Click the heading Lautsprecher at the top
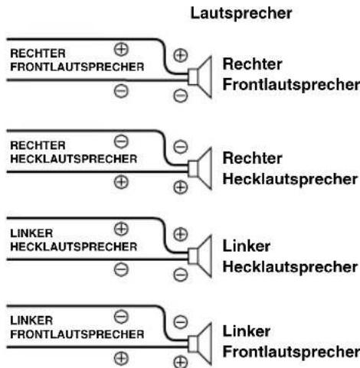click(x=241, y=14)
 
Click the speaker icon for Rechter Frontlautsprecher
click(x=200, y=77)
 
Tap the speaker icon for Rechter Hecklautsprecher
click(x=200, y=168)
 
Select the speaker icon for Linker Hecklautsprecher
click(x=200, y=256)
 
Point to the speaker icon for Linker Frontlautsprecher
click(x=200, y=344)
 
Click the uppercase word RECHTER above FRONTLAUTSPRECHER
click(x=38, y=54)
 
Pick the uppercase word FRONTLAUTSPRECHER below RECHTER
click(x=77, y=67)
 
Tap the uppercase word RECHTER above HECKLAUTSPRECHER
click(x=38, y=145)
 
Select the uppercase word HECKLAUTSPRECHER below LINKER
click(x=74, y=246)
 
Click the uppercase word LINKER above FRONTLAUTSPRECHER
click(x=31, y=321)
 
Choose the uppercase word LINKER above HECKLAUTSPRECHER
click(x=31, y=233)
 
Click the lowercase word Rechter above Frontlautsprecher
click(x=252, y=64)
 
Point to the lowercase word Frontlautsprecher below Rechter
click(x=291, y=85)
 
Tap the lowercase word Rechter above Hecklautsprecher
click(x=252, y=158)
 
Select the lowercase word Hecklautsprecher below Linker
click(x=290, y=267)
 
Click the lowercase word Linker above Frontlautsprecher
click(x=247, y=331)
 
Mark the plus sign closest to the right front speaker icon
click(x=181, y=55)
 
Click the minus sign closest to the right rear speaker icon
click(x=181, y=147)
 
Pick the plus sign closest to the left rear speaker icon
click(x=181, y=234)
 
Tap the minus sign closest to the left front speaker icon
click(x=181, y=322)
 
